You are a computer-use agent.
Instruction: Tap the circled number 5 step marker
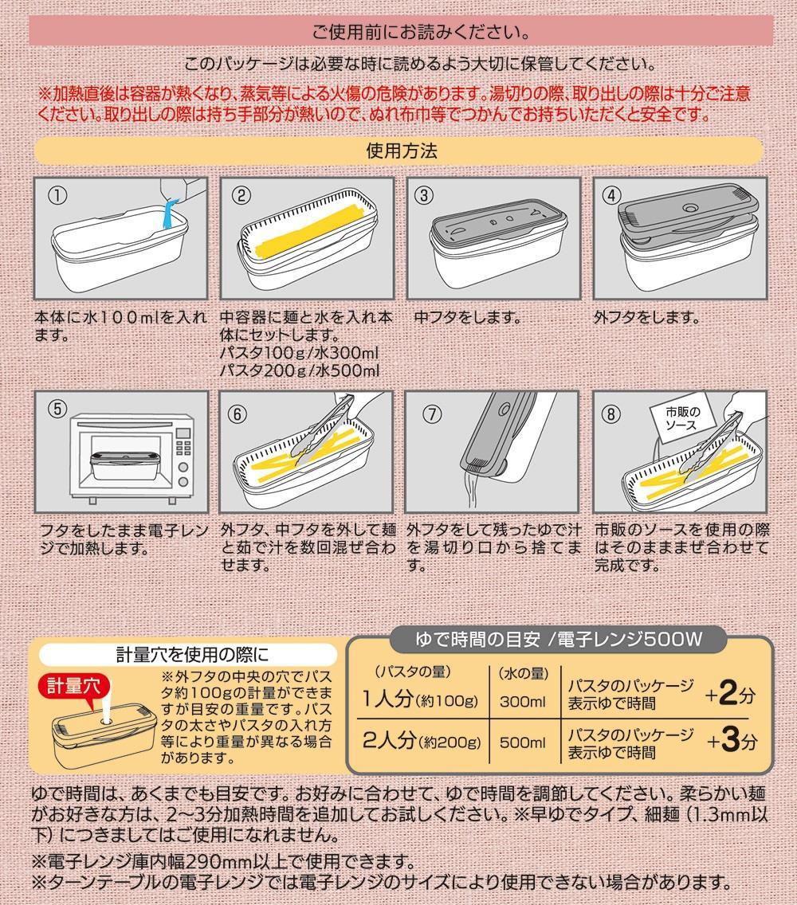coord(57,409)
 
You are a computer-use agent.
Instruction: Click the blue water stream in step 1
coord(168,216)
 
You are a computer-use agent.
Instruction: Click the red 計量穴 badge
coord(71,684)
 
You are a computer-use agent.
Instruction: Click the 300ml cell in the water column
coord(522,702)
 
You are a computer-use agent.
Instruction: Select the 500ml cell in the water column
coord(522,742)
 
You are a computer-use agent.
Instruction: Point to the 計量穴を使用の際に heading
coord(192,655)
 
